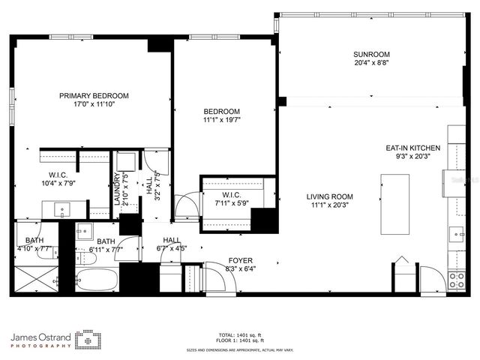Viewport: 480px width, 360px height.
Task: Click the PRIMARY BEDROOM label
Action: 94,95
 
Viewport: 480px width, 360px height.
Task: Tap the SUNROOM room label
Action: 372,54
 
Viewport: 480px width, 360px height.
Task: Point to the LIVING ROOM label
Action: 329,196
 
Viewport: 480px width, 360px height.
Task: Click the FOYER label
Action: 239,261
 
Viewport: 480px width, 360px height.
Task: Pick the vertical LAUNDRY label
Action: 117,189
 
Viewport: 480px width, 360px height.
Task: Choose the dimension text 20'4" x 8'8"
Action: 372,63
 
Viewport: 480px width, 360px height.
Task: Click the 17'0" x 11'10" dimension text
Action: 94,104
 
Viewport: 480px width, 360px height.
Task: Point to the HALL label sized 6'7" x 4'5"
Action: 172,240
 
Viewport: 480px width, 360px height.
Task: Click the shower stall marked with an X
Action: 34,279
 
